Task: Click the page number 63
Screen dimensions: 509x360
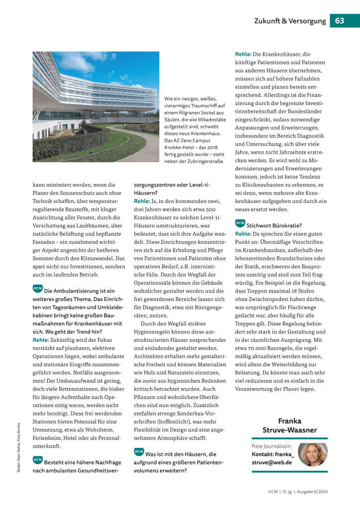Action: point(340,21)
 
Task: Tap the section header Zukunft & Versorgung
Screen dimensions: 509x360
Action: point(290,21)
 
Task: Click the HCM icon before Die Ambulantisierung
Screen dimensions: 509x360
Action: point(37,289)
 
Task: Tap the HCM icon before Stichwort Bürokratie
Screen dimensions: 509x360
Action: point(240,223)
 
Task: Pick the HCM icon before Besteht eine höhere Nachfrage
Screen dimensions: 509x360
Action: point(37,460)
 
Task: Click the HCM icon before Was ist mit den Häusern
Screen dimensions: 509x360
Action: point(139,451)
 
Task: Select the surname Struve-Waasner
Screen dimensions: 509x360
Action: point(290,429)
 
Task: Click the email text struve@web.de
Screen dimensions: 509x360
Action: point(271,462)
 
